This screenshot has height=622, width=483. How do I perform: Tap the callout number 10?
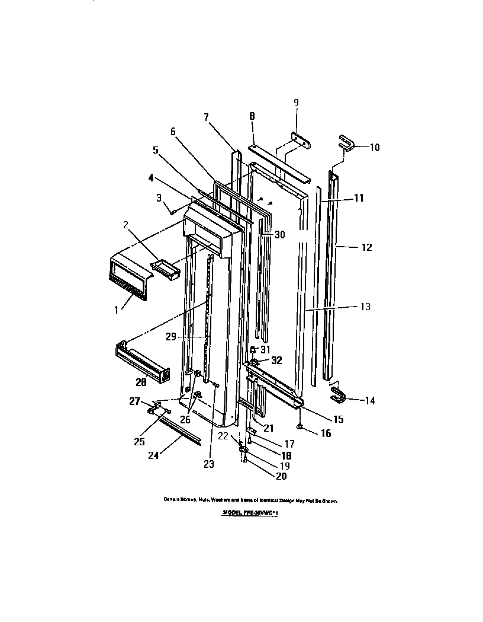click(375, 147)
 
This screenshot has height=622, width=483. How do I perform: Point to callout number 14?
click(369, 401)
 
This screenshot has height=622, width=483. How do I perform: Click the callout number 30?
click(280, 235)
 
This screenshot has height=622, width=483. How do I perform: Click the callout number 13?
click(365, 307)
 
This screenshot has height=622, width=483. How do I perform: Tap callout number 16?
click(326, 434)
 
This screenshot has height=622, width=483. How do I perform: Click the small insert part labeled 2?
click(166, 270)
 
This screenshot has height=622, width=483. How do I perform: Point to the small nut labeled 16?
click(301, 426)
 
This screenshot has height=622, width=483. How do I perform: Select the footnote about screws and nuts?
click(250, 500)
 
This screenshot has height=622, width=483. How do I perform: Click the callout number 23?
click(208, 464)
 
